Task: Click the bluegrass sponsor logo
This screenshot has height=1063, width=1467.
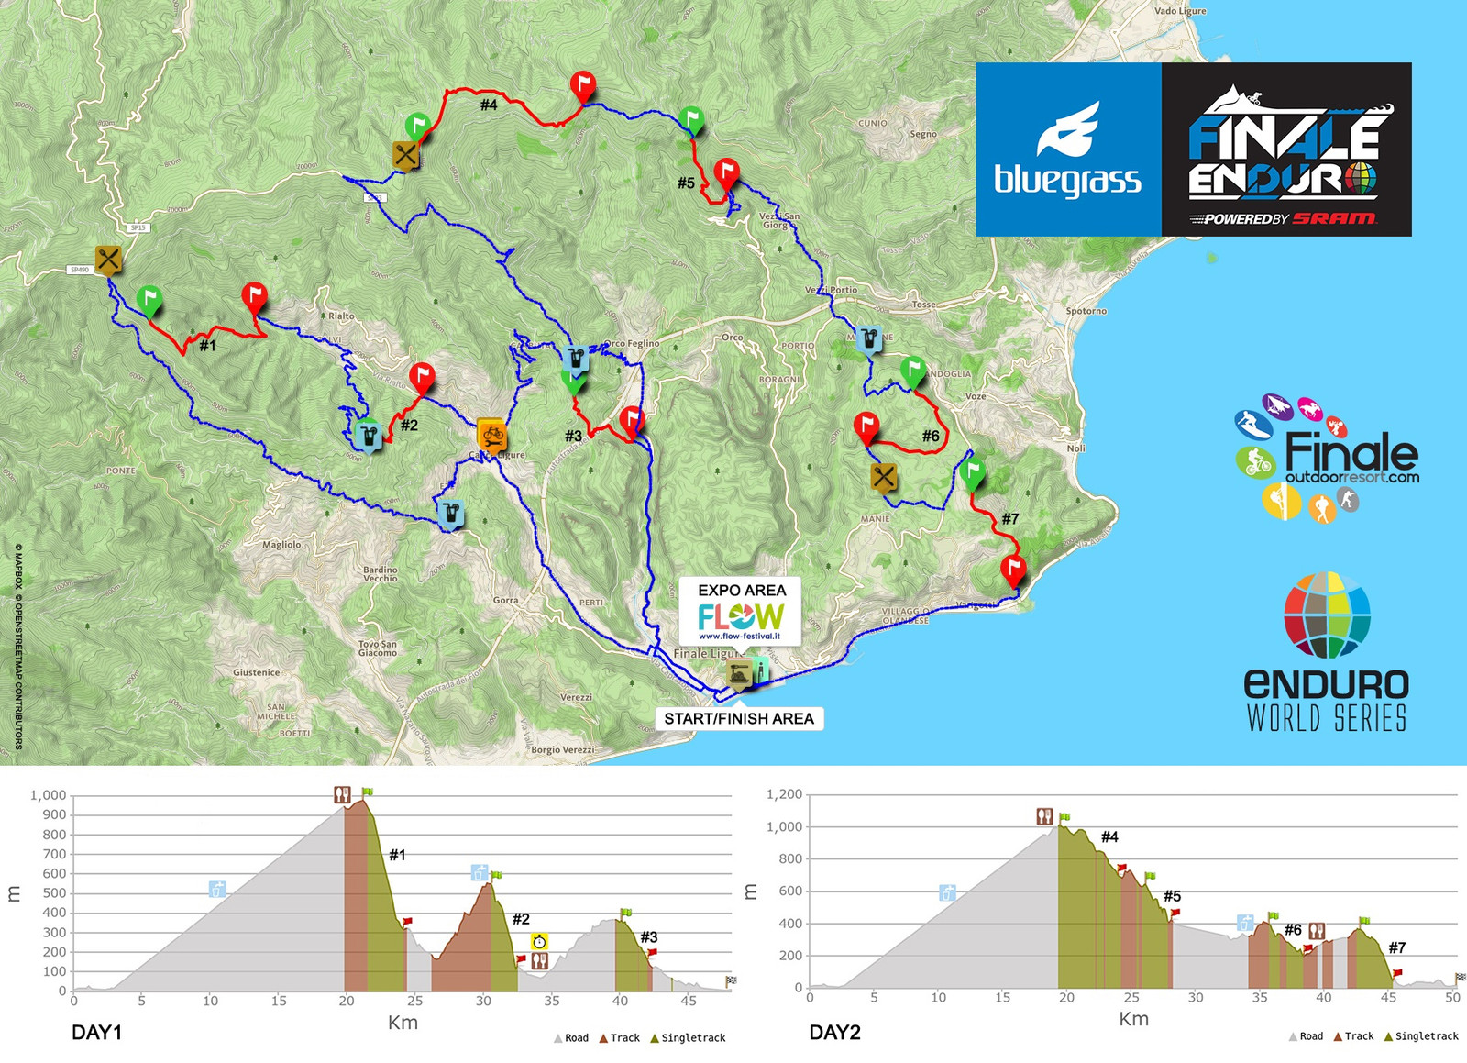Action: click(x=1068, y=149)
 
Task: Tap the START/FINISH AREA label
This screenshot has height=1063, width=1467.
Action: click(x=739, y=718)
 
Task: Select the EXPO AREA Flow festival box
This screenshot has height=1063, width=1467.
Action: click(x=741, y=610)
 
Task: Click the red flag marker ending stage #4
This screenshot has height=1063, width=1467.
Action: click(x=582, y=86)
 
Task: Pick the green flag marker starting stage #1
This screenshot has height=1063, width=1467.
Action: click(x=149, y=299)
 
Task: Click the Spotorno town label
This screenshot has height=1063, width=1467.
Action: click(x=1086, y=311)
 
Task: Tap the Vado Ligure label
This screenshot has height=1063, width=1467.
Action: click(x=1180, y=11)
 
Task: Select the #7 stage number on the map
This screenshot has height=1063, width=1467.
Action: click(x=1009, y=519)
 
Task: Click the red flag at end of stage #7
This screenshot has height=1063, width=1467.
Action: click(x=1013, y=569)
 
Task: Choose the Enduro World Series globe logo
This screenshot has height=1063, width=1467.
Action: click(x=1327, y=615)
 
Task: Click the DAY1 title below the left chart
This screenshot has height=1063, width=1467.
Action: click(x=96, y=1032)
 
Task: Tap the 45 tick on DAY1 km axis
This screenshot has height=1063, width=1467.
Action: click(x=688, y=1001)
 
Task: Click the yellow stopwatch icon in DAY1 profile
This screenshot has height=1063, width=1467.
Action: click(x=539, y=941)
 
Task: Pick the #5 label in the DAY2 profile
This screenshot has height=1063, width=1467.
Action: click(x=1172, y=896)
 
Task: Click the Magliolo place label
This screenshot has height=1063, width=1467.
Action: click(x=281, y=545)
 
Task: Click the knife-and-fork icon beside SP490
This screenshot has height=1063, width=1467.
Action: click(x=108, y=260)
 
